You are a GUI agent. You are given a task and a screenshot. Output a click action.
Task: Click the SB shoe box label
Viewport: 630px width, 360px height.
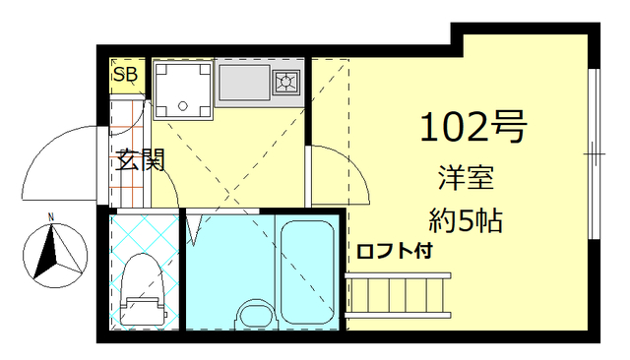(x=126, y=75)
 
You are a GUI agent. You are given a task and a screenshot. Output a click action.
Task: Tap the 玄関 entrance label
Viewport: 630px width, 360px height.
(x=140, y=161)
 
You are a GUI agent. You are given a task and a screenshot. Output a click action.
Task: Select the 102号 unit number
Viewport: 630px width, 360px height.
(x=473, y=126)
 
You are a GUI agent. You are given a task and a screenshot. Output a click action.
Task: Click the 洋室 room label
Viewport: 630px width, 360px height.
(x=466, y=180)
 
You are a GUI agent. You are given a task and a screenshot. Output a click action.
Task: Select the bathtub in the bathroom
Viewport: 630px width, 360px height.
(x=308, y=272)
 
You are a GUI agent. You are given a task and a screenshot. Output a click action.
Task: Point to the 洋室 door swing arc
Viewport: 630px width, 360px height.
(x=340, y=177)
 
